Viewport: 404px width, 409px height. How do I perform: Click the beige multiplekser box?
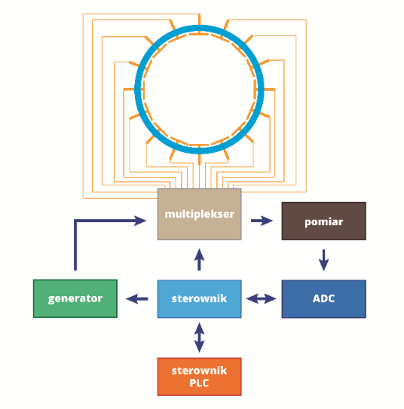199,214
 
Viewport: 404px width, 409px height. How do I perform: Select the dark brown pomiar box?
324,221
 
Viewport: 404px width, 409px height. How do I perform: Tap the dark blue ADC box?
324,298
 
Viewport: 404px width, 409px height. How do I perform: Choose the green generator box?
75,298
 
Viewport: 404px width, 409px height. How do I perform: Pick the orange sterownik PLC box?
199,376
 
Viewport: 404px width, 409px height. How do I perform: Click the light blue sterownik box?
199,298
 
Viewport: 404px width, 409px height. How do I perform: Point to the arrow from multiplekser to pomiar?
262,220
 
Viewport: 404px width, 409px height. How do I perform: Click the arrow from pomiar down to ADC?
324,260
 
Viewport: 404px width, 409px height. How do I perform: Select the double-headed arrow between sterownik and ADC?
261,298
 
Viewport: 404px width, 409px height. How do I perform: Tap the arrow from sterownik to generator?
136,298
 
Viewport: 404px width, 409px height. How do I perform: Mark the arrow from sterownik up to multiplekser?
199,259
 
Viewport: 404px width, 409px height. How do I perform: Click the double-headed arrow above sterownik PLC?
199,338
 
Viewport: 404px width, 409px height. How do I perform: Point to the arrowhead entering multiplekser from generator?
140,220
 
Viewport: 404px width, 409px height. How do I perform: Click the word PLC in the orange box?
199,383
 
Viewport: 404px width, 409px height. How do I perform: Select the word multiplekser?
200,214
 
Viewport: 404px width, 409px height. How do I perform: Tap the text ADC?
324,298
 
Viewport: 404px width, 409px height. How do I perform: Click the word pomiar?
324,222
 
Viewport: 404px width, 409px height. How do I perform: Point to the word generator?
75,298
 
